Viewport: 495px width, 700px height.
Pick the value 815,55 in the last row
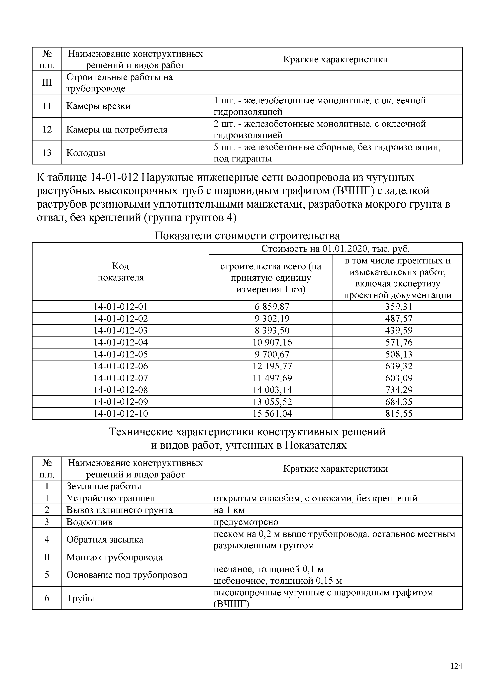pos(398,414)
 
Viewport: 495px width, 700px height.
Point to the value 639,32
pos(398,366)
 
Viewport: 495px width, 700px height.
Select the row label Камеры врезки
pos(98,106)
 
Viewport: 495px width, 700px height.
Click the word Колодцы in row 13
pos(86,153)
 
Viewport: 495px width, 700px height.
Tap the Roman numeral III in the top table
pos(47,83)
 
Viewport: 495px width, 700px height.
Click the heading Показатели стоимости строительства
pos(247,236)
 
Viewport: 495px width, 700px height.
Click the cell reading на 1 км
pos(229,510)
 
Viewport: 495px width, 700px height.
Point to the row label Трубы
pos(80,598)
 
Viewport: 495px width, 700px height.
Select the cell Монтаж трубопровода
pos(114,557)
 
